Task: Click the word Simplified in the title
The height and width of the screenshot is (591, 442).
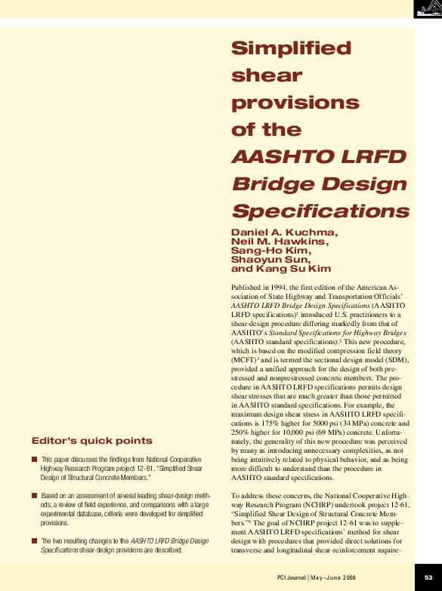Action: click(x=291, y=49)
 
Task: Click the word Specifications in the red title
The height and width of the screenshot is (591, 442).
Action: click(x=320, y=211)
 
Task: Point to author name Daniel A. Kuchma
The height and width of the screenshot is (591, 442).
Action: click(x=284, y=232)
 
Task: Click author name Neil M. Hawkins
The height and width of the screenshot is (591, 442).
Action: click(x=280, y=242)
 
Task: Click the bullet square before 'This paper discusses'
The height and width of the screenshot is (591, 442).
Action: click(x=35, y=459)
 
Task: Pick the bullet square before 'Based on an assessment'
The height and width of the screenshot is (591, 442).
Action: click(x=35, y=495)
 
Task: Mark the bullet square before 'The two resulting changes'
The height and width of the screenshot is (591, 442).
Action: click(x=35, y=540)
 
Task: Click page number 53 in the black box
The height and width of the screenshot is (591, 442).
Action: click(x=428, y=577)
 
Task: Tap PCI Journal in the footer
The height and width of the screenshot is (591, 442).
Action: click(x=292, y=578)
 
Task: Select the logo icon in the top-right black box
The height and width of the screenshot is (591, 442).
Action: click(x=428, y=9)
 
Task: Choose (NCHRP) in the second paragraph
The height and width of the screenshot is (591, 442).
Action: click(x=346, y=503)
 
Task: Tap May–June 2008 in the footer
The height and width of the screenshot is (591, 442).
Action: click(x=334, y=578)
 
